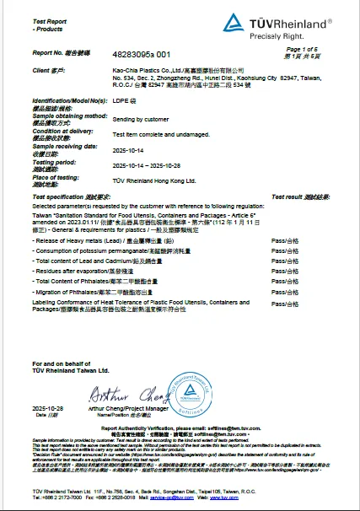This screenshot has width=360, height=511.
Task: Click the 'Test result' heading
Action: point(293,196)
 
